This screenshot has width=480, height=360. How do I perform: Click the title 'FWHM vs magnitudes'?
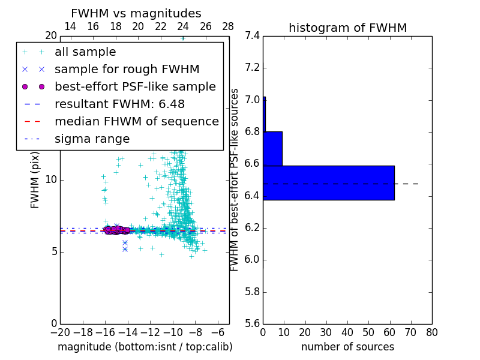(x=136, y=13)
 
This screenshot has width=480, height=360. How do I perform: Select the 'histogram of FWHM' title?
(x=347, y=28)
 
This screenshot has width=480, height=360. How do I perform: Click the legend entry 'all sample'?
(x=85, y=52)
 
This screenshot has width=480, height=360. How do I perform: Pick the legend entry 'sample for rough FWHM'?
(x=127, y=69)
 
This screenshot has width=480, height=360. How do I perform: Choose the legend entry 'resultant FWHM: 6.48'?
(x=119, y=104)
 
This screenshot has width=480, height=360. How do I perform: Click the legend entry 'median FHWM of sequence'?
(x=136, y=121)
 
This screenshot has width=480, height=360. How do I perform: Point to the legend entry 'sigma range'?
(x=92, y=139)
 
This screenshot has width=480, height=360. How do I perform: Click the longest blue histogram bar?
(x=328, y=182)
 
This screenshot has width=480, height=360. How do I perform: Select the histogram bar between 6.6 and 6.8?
(x=272, y=148)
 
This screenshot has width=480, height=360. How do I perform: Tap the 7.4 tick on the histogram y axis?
(x=252, y=36)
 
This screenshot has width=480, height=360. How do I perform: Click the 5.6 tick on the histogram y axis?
(x=252, y=323)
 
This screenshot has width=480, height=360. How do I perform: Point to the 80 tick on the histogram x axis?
(x=431, y=332)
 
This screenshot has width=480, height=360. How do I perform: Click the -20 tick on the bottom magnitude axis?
(x=60, y=332)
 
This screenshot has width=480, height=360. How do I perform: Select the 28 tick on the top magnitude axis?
(x=228, y=26)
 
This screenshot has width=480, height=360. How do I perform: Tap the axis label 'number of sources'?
(x=347, y=347)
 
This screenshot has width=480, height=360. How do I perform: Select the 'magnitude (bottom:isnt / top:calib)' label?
(x=145, y=347)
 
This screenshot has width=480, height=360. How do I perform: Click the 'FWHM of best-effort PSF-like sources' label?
(x=235, y=179)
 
